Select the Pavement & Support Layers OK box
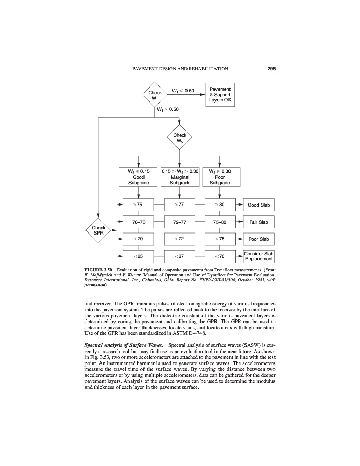pyautogui.click(x=224, y=94)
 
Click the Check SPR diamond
pyautogui.click(x=98, y=230)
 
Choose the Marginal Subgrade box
pyautogui.click(x=180, y=177)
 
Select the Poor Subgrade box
pyautogui.click(x=220, y=177)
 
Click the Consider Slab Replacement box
pyautogui.click(x=258, y=256)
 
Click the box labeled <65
pyautogui.click(x=138, y=256)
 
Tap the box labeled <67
pyautogui.click(x=179, y=256)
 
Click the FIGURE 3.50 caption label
pyautogui.click(x=99, y=271)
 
